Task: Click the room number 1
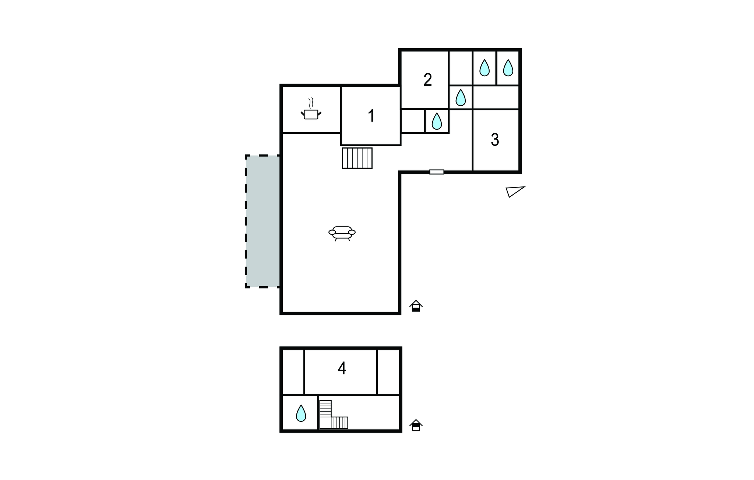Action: coord(371,116)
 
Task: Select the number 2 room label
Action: coord(427,80)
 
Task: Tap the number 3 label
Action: coord(495,140)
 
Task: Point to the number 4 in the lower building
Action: coord(342,368)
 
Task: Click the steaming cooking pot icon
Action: coord(311,109)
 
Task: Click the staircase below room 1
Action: coord(357,158)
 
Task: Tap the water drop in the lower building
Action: coord(301,413)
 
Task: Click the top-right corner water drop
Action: coord(508,68)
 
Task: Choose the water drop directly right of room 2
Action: coord(461,98)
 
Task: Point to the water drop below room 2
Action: coord(437,121)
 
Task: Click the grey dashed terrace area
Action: coord(263,221)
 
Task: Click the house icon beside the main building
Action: coord(416,306)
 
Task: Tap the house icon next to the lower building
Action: coord(416,425)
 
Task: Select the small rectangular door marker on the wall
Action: coord(437,172)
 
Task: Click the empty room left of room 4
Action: coord(293,372)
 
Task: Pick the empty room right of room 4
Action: coord(388,372)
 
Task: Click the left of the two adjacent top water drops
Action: coord(485,68)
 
